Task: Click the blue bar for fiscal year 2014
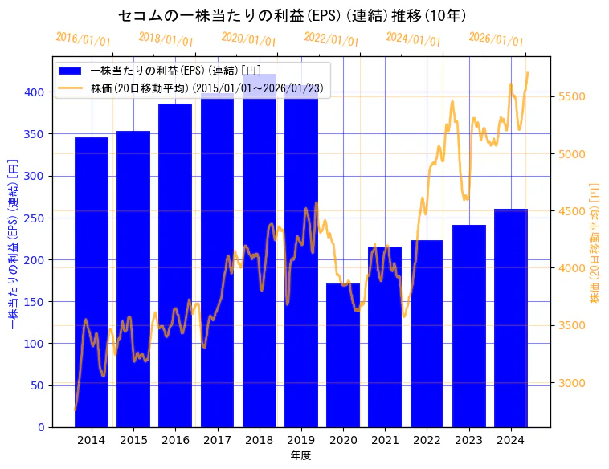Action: pyautogui.click(x=92, y=282)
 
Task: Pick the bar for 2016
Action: pyautogui.click(x=175, y=265)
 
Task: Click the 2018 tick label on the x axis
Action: pyautogui.click(x=259, y=440)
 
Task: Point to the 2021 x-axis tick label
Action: pyautogui.click(x=385, y=440)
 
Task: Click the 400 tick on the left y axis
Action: pyautogui.click(x=35, y=92)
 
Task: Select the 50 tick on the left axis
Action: pyautogui.click(x=38, y=385)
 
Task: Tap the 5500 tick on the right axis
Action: pyautogui.click(x=572, y=96)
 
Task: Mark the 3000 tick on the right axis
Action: pyautogui.click(x=572, y=383)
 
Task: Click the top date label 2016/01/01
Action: pyautogui.click(x=83, y=39)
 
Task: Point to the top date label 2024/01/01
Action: pyautogui.click(x=413, y=38)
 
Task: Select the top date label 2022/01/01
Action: pyautogui.click(x=331, y=39)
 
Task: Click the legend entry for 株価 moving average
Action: pyautogui.click(x=208, y=88)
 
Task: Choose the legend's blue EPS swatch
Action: pyautogui.click(x=71, y=72)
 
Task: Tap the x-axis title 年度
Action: pyautogui.click(x=300, y=455)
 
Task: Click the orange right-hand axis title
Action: pyautogui.click(x=595, y=242)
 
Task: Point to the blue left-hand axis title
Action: pyautogui.click(x=12, y=242)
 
